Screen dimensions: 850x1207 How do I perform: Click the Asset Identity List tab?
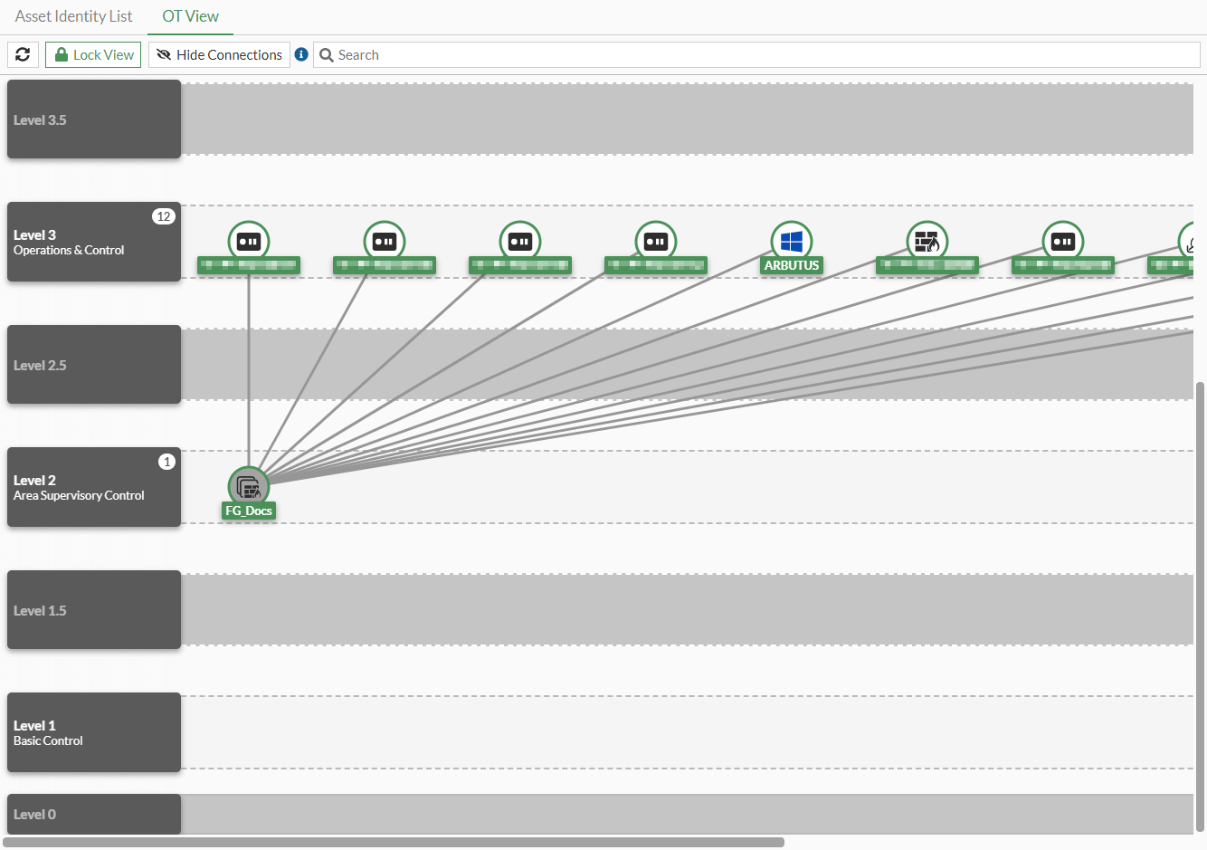pos(73,16)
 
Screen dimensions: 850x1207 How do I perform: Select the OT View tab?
pos(190,16)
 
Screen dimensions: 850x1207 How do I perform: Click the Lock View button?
pos(93,55)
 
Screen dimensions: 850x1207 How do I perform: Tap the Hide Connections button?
pos(219,55)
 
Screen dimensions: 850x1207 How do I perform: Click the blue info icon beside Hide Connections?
pos(302,54)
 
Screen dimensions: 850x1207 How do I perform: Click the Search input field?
pos(760,55)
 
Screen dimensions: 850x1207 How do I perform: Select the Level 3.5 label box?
pos(94,119)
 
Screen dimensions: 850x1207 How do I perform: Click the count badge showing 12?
pos(163,216)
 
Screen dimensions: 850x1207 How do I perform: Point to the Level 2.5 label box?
pos(94,365)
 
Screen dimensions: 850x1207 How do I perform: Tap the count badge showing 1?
pos(166,462)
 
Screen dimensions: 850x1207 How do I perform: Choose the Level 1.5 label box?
pos(94,610)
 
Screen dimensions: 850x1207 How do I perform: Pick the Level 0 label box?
pos(94,814)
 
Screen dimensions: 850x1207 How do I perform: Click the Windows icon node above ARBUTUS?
pos(792,241)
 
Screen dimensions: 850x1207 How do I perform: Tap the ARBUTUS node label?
pos(792,265)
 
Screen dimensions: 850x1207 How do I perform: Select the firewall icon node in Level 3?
pos(927,241)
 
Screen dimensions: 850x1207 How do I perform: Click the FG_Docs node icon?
pos(249,487)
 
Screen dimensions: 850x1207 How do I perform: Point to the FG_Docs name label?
pos(249,511)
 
